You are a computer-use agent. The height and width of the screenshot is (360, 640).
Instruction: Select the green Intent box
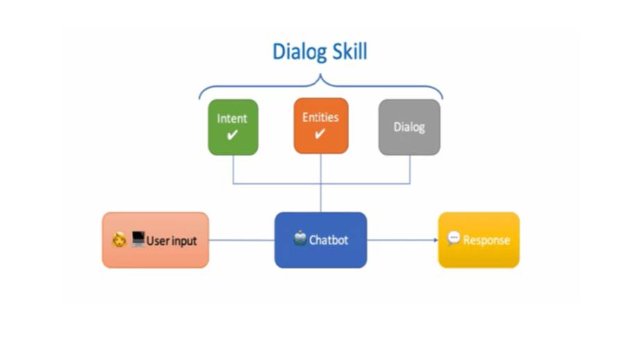tap(233, 127)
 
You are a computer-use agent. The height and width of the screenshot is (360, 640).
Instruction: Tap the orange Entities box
tap(321, 126)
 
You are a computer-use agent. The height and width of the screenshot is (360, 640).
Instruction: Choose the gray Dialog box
tap(409, 127)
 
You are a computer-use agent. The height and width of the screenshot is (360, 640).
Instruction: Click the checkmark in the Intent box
tap(232, 135)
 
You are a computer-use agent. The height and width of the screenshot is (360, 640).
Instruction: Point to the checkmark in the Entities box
tap(320, 134)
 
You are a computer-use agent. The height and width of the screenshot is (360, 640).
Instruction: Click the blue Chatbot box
tap(321, 240)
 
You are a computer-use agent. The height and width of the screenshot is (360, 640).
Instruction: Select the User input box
tap(155, 240)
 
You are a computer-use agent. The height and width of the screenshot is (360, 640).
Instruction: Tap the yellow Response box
tap(478, 240)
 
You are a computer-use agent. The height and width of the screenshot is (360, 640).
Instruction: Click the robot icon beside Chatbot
tap(300, 239)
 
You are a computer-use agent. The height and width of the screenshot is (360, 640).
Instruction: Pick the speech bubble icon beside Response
tap(454, 239)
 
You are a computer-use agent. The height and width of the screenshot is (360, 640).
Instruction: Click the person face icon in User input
tap(119, 241)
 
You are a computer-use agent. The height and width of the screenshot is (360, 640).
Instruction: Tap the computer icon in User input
tap(137, 240)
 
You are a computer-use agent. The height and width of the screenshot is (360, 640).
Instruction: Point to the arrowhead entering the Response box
tap(435, 241)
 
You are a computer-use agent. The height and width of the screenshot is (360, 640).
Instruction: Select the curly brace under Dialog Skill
tap(321, 87)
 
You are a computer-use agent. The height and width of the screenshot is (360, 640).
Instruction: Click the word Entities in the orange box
tap(321, 118)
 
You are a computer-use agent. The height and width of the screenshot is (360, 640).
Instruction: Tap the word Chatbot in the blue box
tap(329, 241)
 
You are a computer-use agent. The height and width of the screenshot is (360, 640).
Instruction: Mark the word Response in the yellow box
tap(486, 241)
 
